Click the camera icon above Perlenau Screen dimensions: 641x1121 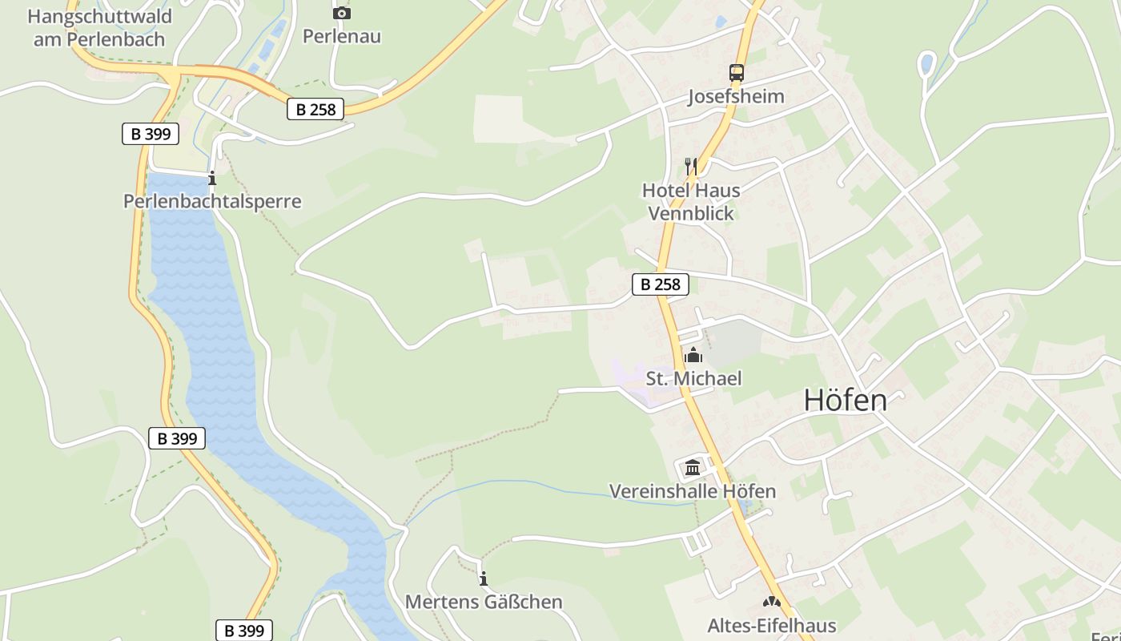pos(341,13)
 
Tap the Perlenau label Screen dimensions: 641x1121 pos(341,36)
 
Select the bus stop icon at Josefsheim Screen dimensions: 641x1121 pos(736,73)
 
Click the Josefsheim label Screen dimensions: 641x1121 pos(736,97)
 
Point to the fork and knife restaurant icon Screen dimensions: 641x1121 pos(691,167)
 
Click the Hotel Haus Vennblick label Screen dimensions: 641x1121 pos(691,202)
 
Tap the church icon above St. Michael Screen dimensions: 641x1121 pos(693,355)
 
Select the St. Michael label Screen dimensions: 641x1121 pos(693,378)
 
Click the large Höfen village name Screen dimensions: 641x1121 pos(845,400)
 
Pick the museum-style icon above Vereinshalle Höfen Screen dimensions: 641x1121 pos(693,467)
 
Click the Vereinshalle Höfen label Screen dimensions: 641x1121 pos(693,491)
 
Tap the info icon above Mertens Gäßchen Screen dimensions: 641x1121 pos(484,579)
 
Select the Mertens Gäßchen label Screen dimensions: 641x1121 pos(484,602)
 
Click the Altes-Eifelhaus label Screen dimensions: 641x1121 pos(772,626)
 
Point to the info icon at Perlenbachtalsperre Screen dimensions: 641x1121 pos(212,178)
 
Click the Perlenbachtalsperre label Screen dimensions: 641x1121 pos(212,201)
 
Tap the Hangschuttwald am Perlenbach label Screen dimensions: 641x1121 pos(99,27)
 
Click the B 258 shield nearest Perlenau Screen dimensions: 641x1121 pos(315,110)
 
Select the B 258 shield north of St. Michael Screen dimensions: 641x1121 pos(661,284)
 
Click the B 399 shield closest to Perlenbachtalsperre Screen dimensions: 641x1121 pos(151,134)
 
